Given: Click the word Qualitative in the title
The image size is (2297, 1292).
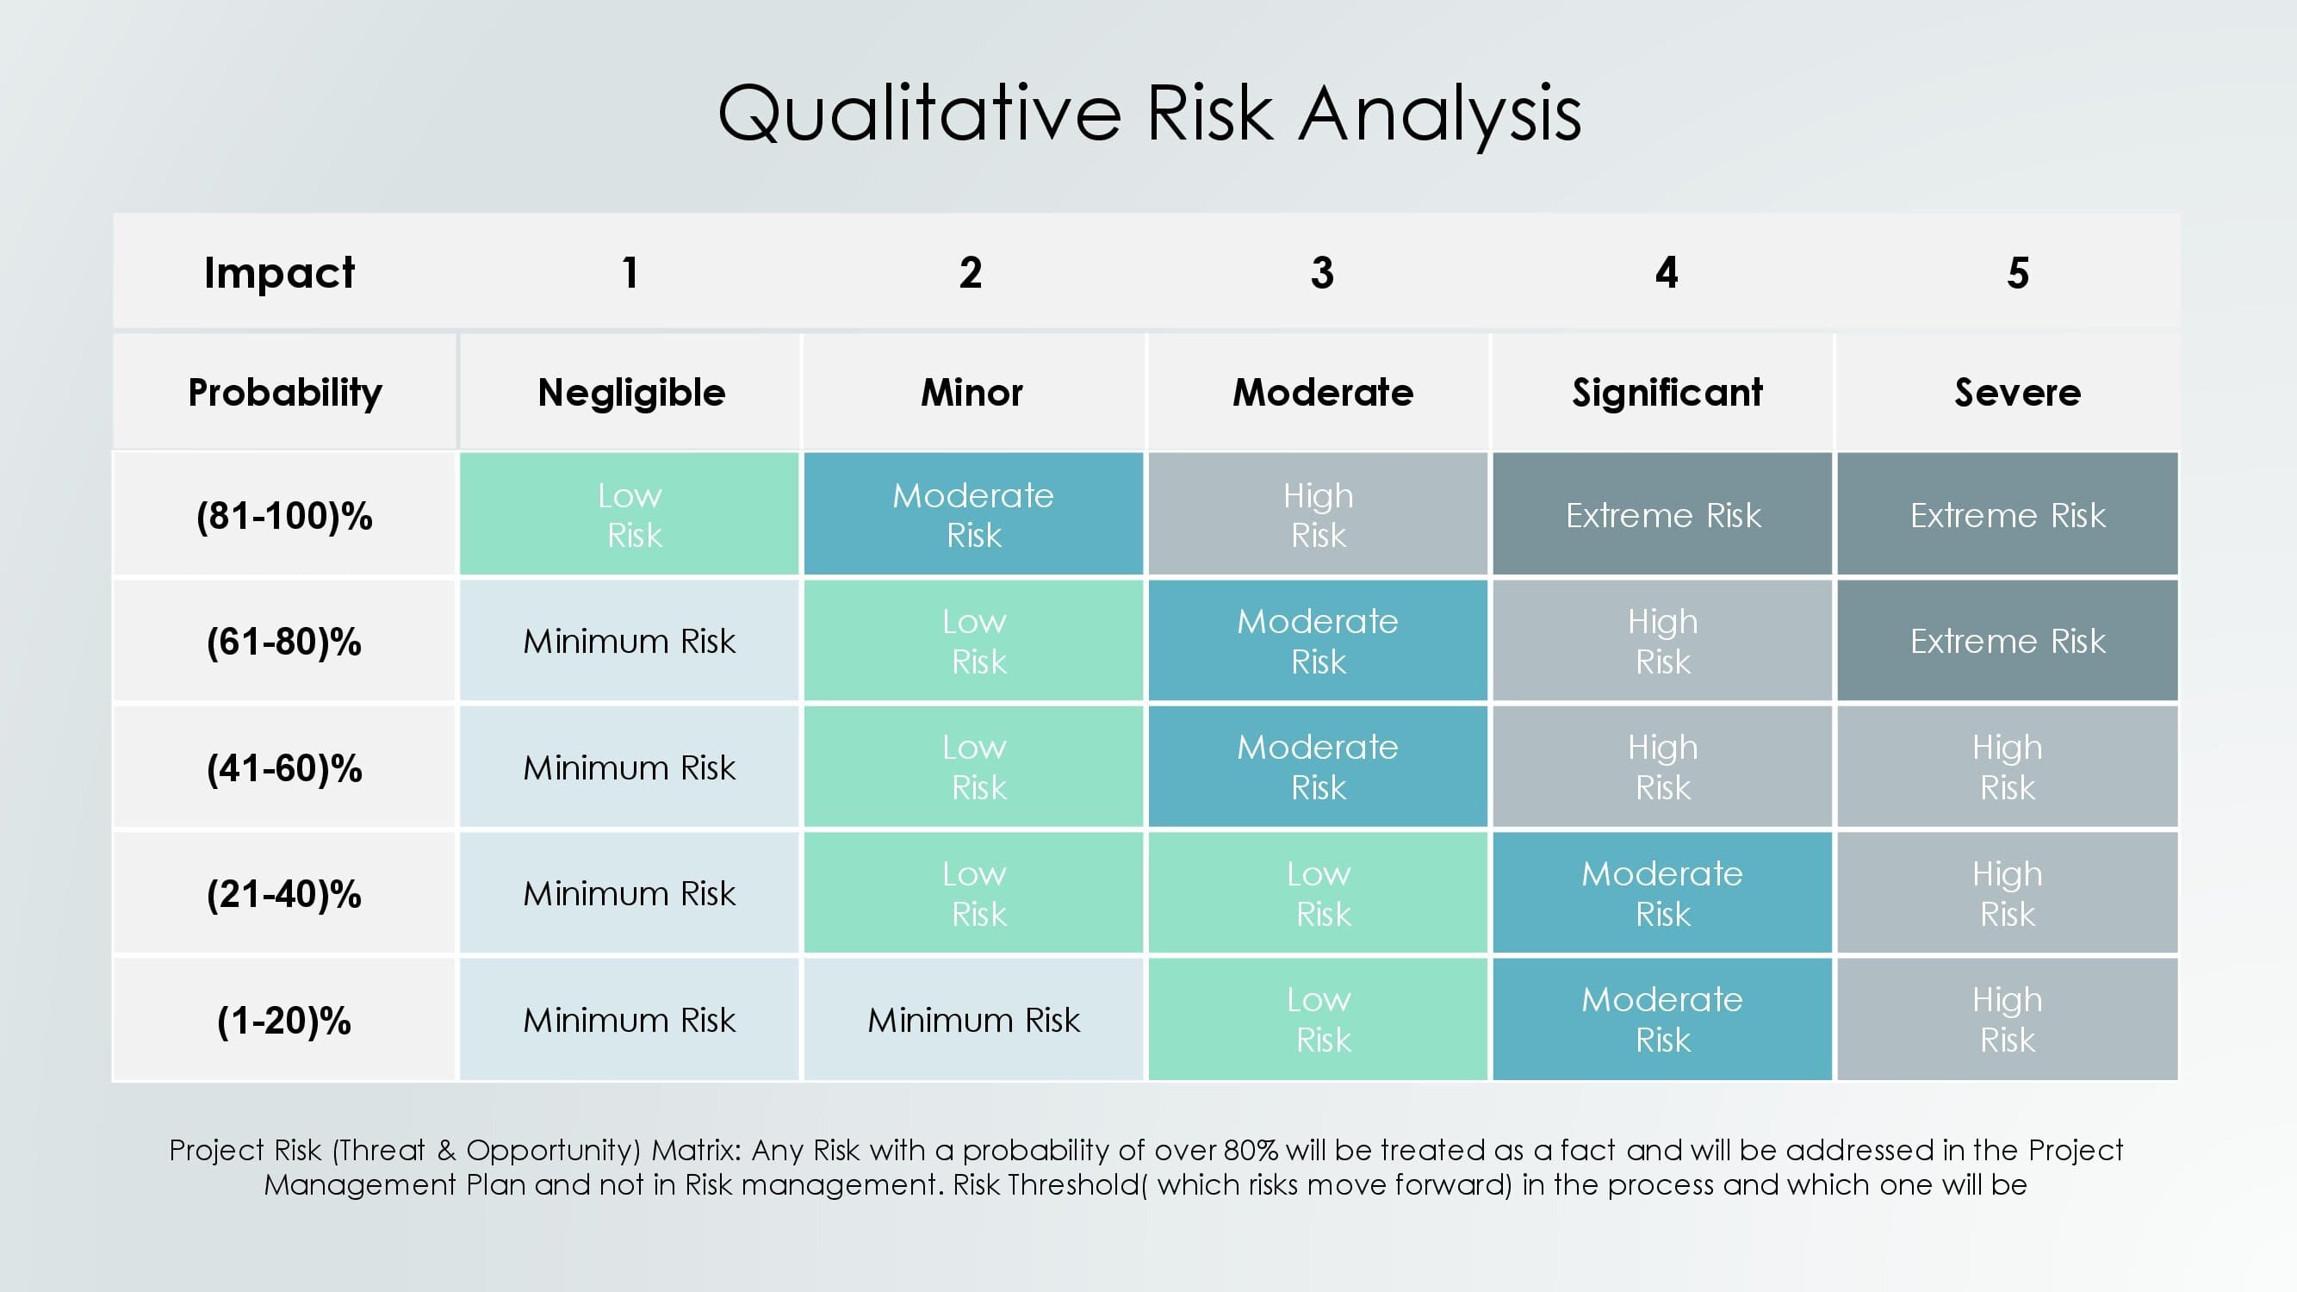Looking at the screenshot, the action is point(919,115).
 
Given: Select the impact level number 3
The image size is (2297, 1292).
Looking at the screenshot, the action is point(1322,273).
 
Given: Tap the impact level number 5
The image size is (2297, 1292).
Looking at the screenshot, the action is point(2018,273).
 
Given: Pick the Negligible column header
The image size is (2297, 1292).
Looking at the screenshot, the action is point(631,392).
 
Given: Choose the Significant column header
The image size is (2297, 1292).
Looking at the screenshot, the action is point(1667,392).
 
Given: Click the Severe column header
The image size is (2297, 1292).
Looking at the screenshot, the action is point(2017,392).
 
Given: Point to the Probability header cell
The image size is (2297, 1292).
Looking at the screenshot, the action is point(285,392).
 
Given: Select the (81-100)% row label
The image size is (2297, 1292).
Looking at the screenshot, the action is point(284,515).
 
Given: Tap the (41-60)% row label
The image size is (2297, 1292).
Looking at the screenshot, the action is point(284,767).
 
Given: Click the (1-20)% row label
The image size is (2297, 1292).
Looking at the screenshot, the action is point(284,1020).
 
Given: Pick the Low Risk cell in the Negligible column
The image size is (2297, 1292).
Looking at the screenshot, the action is point(630,513).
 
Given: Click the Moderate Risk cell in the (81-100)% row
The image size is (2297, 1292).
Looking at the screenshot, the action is point(974,513).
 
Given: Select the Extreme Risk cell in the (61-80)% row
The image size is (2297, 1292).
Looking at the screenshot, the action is point(2008,640).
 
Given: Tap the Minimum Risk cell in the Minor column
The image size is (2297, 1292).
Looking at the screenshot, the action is point(974,1019).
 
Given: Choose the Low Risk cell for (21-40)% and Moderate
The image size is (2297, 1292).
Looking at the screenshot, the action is point(1318,892).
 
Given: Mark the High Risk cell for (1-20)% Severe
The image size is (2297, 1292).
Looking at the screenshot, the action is point(2008,1019).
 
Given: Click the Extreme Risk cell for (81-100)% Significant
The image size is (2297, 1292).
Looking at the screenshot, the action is point(1663,513).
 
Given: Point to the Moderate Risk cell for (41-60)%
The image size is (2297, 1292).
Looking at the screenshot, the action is point(1318,767).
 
